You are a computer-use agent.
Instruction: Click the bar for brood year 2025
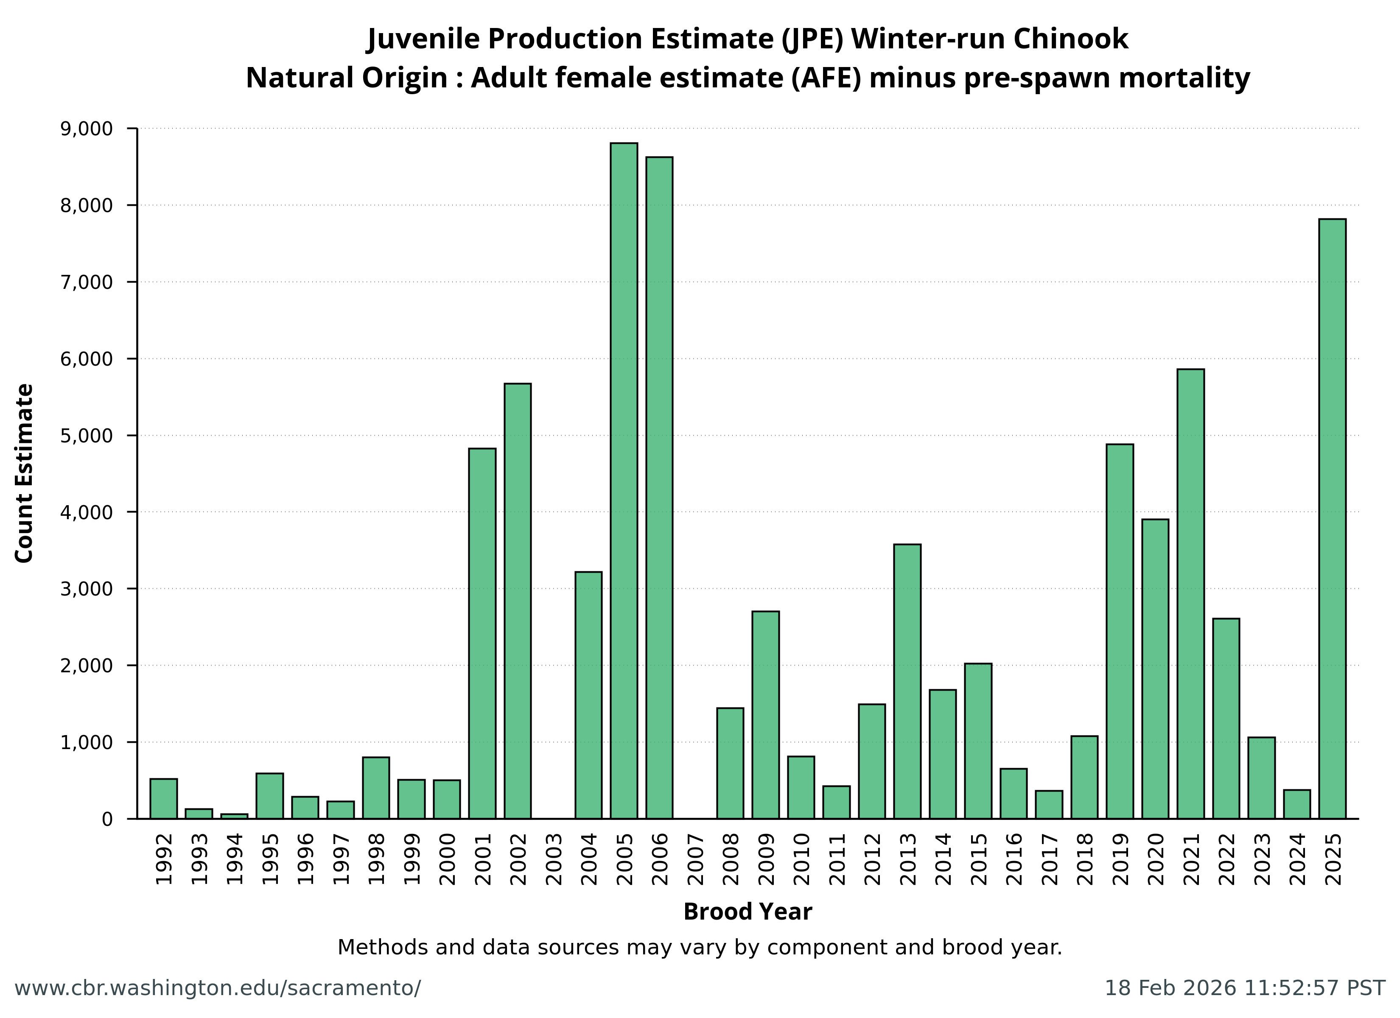[x=1332, y=519]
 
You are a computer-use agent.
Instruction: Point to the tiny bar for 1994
[x=235, y=816]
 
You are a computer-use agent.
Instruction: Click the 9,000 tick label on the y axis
[x=87, y=129]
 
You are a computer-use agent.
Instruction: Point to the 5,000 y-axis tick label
[x=87, y=436]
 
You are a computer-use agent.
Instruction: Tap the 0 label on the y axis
[x=107, y=819]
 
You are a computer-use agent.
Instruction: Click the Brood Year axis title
[x=748, y=912]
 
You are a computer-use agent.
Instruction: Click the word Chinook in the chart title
[x=1070, y=39]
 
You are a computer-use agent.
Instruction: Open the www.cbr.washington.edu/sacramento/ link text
[x=217, y=988]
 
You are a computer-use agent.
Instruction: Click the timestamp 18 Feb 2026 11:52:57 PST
[x=1244, y=988]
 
